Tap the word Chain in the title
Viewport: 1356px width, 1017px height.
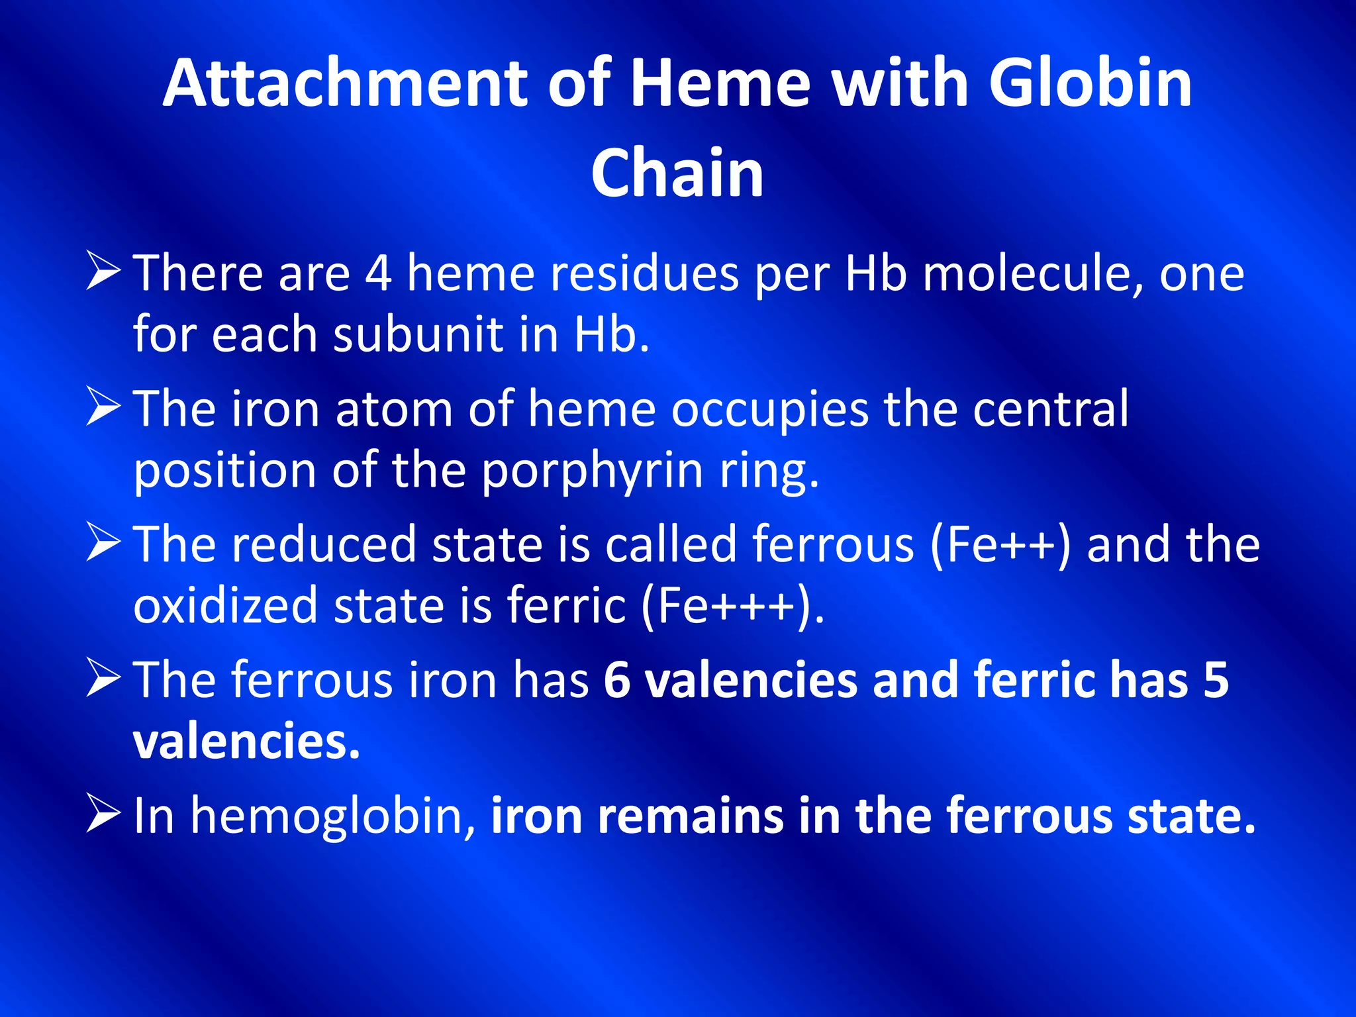click(677, 173)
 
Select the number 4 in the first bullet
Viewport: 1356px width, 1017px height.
click(378, 273)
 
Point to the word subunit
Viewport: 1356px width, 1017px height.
click(418, 334)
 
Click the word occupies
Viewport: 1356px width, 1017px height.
click(769, 411)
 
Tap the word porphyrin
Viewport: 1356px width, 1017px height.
click(592, 471)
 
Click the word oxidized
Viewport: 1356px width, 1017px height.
click(225, 606)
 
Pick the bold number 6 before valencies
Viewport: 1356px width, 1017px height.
click(616, 680)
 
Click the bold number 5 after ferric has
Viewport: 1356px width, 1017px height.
click(1216, 680)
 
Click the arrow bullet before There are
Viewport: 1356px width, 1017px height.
click(103, 273)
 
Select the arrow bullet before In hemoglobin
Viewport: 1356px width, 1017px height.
click(103, 815)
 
